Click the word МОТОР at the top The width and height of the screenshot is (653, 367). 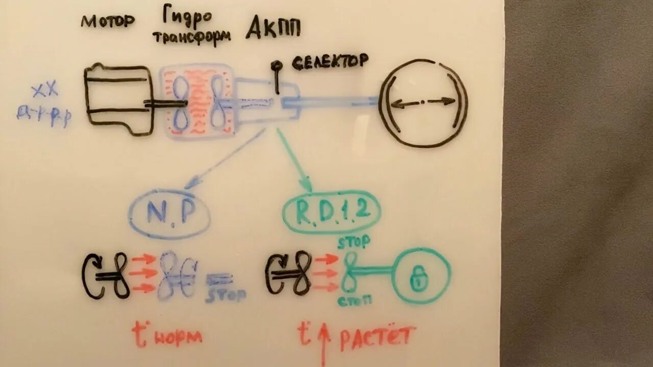tap(108, 21)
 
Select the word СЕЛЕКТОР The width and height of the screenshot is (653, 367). tap(330, 62)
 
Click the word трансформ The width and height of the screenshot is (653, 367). tap(191, 37)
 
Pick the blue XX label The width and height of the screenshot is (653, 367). tap(45, 91)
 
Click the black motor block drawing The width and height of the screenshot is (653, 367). tap(118, 98)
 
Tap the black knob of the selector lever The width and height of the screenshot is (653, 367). tap(276, 66)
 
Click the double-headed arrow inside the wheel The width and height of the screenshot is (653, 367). tap(423, 102)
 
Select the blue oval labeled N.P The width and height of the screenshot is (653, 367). tap(169, 215)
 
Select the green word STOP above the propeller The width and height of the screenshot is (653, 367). tap(354, 242)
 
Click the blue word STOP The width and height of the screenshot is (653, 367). tap(226, 295)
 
